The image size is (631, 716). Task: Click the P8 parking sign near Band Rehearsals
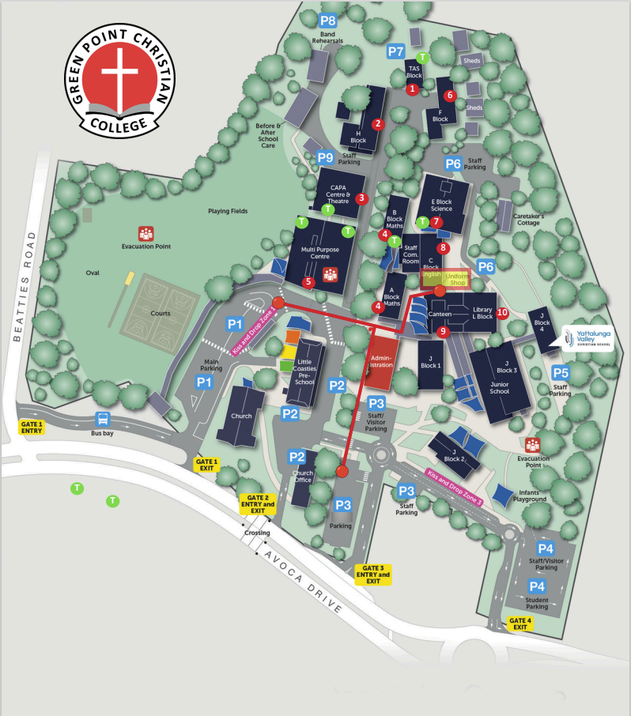[x=327, y=21]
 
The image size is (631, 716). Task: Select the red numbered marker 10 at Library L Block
[x=503, y=312]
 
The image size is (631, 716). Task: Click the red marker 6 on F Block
[x=450, y=96]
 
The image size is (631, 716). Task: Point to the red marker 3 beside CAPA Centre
[x=361, y=198]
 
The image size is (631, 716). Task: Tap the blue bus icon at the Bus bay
[x=102, y=419]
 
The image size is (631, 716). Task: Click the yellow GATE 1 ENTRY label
[x=32, y=428]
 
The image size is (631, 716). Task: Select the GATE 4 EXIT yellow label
[x=520, y=624]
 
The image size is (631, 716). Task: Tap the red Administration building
[x=382, y=362]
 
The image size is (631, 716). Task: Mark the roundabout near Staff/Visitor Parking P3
[x=383, y=456]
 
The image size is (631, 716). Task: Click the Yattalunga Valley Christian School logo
[x=586, y=337]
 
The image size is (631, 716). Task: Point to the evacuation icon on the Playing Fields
[x=145, y=233]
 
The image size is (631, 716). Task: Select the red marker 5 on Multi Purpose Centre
[x=309, y=281]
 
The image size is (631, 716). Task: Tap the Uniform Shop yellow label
[x=456, y=279]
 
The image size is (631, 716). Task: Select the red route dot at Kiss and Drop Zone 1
[x=278, y=303]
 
